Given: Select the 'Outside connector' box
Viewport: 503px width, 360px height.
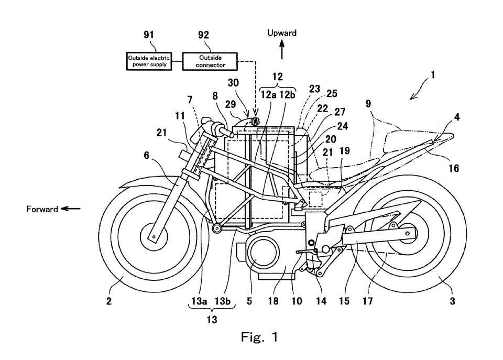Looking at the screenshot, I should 210,61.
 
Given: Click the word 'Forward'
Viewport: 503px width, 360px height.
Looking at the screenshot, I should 42,209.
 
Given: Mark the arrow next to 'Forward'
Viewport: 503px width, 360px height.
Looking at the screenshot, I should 71,209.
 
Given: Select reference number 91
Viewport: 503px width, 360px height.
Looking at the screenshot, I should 149,35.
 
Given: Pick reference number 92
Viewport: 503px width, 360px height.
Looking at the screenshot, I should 203,35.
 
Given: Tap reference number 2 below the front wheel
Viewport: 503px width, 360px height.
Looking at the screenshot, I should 109,301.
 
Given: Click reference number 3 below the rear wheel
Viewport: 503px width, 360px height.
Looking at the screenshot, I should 452,301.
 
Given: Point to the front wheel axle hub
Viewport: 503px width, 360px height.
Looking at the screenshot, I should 154,237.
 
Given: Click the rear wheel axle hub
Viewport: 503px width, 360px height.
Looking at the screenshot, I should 410,233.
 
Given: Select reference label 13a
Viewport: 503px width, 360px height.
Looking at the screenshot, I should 200,301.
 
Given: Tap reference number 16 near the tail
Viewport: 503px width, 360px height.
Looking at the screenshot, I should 454,168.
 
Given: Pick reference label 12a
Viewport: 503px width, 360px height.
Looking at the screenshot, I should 269,94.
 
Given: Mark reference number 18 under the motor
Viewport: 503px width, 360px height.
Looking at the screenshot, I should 271,301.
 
